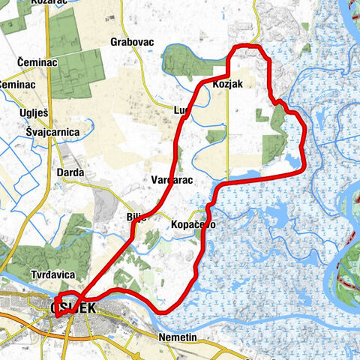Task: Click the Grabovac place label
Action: [131, 42]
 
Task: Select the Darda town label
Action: [70, 172]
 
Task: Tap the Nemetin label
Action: [178, 338]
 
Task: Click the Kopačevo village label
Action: [193, 224]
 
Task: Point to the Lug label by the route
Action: [181, 111]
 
